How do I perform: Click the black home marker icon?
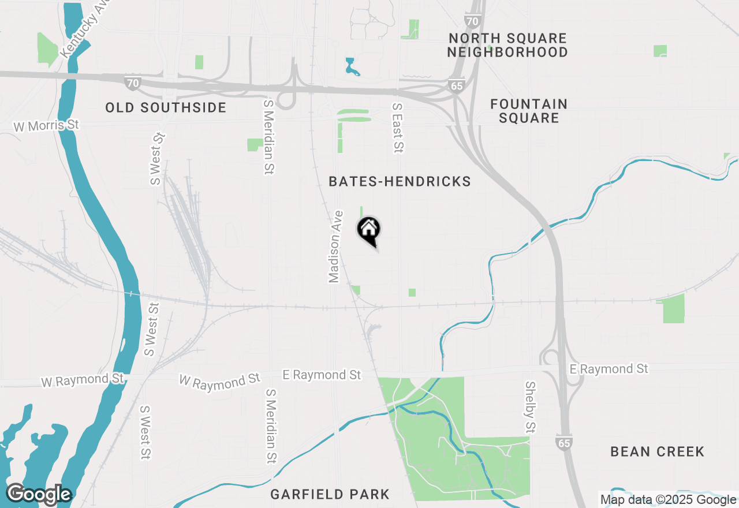click(x=368, y=230)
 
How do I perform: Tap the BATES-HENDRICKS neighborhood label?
click(x=400, y=182)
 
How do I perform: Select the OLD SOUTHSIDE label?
click(x=166, y=108)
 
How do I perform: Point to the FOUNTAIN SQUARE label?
click(x=529, y=111)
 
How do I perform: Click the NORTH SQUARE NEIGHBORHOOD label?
click(x=507, y=45)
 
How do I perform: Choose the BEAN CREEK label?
click(x=657, y=451)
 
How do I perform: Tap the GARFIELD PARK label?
click(x=330, y=494)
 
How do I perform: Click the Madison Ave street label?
click(x=335, y=246)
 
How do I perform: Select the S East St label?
click(x=397, y=128)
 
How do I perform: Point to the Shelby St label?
click(x=530, y=407)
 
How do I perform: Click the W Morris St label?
click(x=46, y=125)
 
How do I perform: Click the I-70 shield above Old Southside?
click(x=133, y=83)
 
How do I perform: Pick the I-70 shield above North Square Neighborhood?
click(x=472, y=21)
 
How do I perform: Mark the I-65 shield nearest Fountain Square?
click(x=456, y=86)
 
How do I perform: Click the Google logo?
click(x=38, y=494)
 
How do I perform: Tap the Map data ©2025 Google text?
click(x=668, y=499)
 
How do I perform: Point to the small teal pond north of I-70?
click(x=350, y=67)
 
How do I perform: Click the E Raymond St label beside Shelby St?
click(x=609, y=368)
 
